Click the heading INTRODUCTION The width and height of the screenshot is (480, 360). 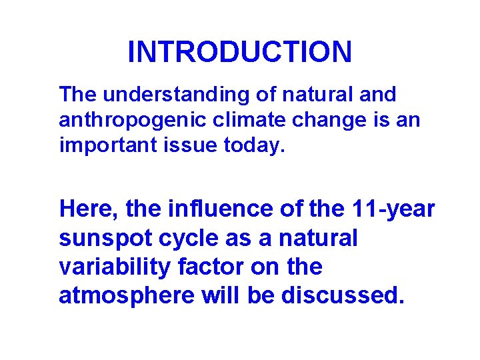tap(239, 52)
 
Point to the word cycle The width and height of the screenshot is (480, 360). tap(176, 238)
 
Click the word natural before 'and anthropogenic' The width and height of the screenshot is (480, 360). tap(319, 95)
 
